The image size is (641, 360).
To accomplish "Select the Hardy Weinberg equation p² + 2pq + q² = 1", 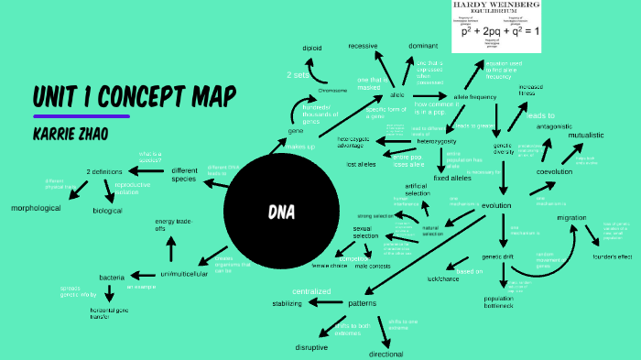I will point(499,32).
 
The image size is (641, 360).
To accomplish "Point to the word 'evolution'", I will point(495,205).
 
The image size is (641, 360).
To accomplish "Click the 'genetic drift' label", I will point(501,256).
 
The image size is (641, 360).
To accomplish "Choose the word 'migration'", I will point(571,217).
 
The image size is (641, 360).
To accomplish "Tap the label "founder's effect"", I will point(612,256).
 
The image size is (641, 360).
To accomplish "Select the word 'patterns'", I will point(363,302).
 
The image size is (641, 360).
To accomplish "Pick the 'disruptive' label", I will point(311,348).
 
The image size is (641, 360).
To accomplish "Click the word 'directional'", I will point(386,354).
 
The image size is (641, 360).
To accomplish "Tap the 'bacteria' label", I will point(112,277).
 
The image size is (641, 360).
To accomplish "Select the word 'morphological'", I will point(36,208).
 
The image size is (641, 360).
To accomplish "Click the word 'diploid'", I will point(312,47).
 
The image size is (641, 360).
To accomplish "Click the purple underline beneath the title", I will point(81,116).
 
